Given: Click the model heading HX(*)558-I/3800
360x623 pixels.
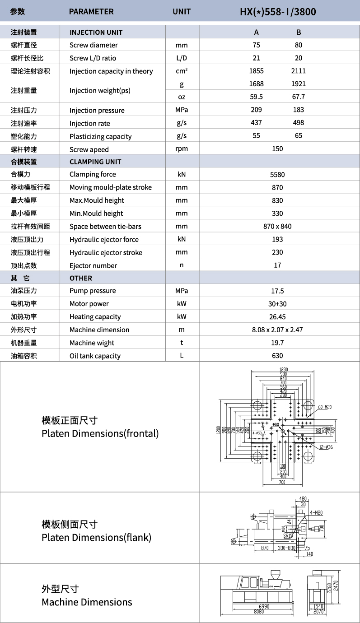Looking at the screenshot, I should click(277, 12).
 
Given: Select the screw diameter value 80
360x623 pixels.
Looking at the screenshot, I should click(298, 45).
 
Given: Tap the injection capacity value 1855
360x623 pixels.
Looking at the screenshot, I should click(256, 71).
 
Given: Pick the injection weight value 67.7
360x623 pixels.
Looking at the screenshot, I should click(298, 97).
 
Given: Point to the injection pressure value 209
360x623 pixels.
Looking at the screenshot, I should click(256, 110).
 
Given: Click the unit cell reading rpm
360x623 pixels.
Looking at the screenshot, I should click(182, 149).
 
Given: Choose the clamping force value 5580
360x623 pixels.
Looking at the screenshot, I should click(277, 175).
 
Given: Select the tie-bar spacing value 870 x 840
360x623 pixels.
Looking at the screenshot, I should click(277, 226).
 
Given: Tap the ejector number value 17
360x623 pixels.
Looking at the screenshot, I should click(277, 265).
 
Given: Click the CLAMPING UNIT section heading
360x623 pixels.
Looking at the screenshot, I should click(95, 162).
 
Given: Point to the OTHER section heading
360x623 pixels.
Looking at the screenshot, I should click(81, 278).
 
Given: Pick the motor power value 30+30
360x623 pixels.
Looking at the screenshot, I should click(277, 304).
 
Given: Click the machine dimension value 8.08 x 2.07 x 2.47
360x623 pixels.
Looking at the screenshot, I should click(277, 330).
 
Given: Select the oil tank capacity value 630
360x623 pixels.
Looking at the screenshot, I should click(277, 356).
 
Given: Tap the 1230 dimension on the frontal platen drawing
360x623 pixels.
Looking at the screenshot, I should click(283, 370).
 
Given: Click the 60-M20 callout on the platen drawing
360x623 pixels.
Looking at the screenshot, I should click(324, 407).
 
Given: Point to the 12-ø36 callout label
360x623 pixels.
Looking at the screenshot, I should click(326, 447).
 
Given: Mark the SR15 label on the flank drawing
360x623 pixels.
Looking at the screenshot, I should click(288, 536).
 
